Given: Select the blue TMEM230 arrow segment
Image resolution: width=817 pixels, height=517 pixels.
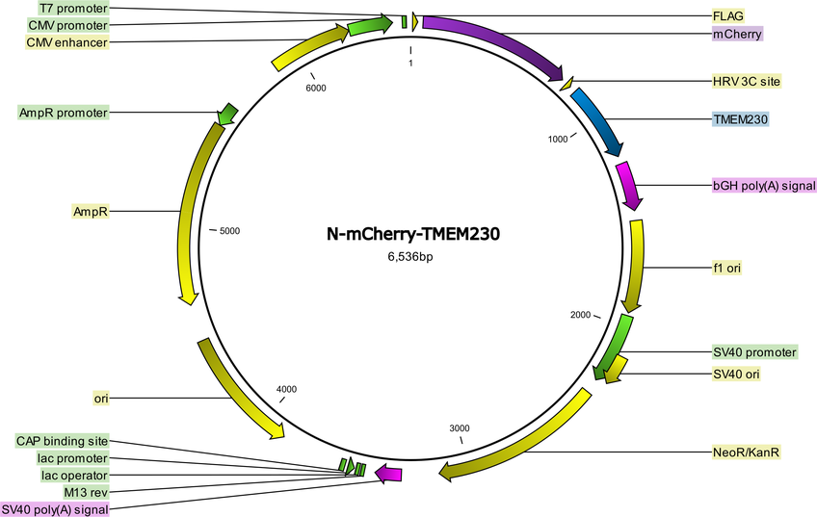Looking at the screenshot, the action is tap(600, 119).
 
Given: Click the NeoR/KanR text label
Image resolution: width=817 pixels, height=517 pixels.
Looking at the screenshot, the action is tap(746, 452).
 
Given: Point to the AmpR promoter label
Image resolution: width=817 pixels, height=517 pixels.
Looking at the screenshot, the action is tap(63, 113).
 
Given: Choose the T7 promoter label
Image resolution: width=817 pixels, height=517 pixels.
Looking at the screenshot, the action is tap(73, 9).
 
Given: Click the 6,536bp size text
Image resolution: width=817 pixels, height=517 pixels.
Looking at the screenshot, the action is tap(410, 257).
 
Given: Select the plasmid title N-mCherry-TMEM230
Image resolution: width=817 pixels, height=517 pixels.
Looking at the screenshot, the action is tap(413, 234).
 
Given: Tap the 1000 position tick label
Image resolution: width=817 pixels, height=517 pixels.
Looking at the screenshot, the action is tap(558, 139).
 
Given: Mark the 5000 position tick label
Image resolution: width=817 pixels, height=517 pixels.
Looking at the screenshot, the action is tap(229, 231).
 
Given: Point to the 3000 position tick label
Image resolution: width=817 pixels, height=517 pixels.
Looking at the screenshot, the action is tap(460, 428).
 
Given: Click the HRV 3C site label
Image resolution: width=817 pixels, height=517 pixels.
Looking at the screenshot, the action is tap(747, 81).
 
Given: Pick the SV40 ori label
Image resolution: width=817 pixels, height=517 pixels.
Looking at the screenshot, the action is tap(736, 374).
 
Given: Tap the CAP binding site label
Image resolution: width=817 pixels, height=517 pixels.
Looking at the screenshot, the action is tap(62, 442).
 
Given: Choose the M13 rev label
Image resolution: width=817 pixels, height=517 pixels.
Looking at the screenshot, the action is tap(86, 492).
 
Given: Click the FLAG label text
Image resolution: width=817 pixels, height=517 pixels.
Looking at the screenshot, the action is tap(728, 16).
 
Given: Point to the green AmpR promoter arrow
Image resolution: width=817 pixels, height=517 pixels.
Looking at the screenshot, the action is tap(226, 114).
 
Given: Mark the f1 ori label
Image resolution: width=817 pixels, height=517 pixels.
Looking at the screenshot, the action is tap(726, 269).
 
